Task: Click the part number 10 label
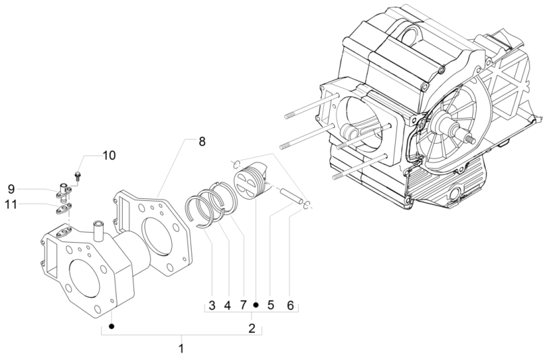coord(109,156)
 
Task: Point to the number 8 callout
coord(202,142)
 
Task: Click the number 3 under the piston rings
coord(211,305)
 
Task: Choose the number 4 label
coord(227,305)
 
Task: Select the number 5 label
coord(270,305)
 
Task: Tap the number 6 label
coord(291,305)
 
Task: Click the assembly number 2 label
coord(252,329)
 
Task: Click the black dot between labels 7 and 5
coord(256,305)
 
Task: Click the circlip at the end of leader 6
coord(307,206)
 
